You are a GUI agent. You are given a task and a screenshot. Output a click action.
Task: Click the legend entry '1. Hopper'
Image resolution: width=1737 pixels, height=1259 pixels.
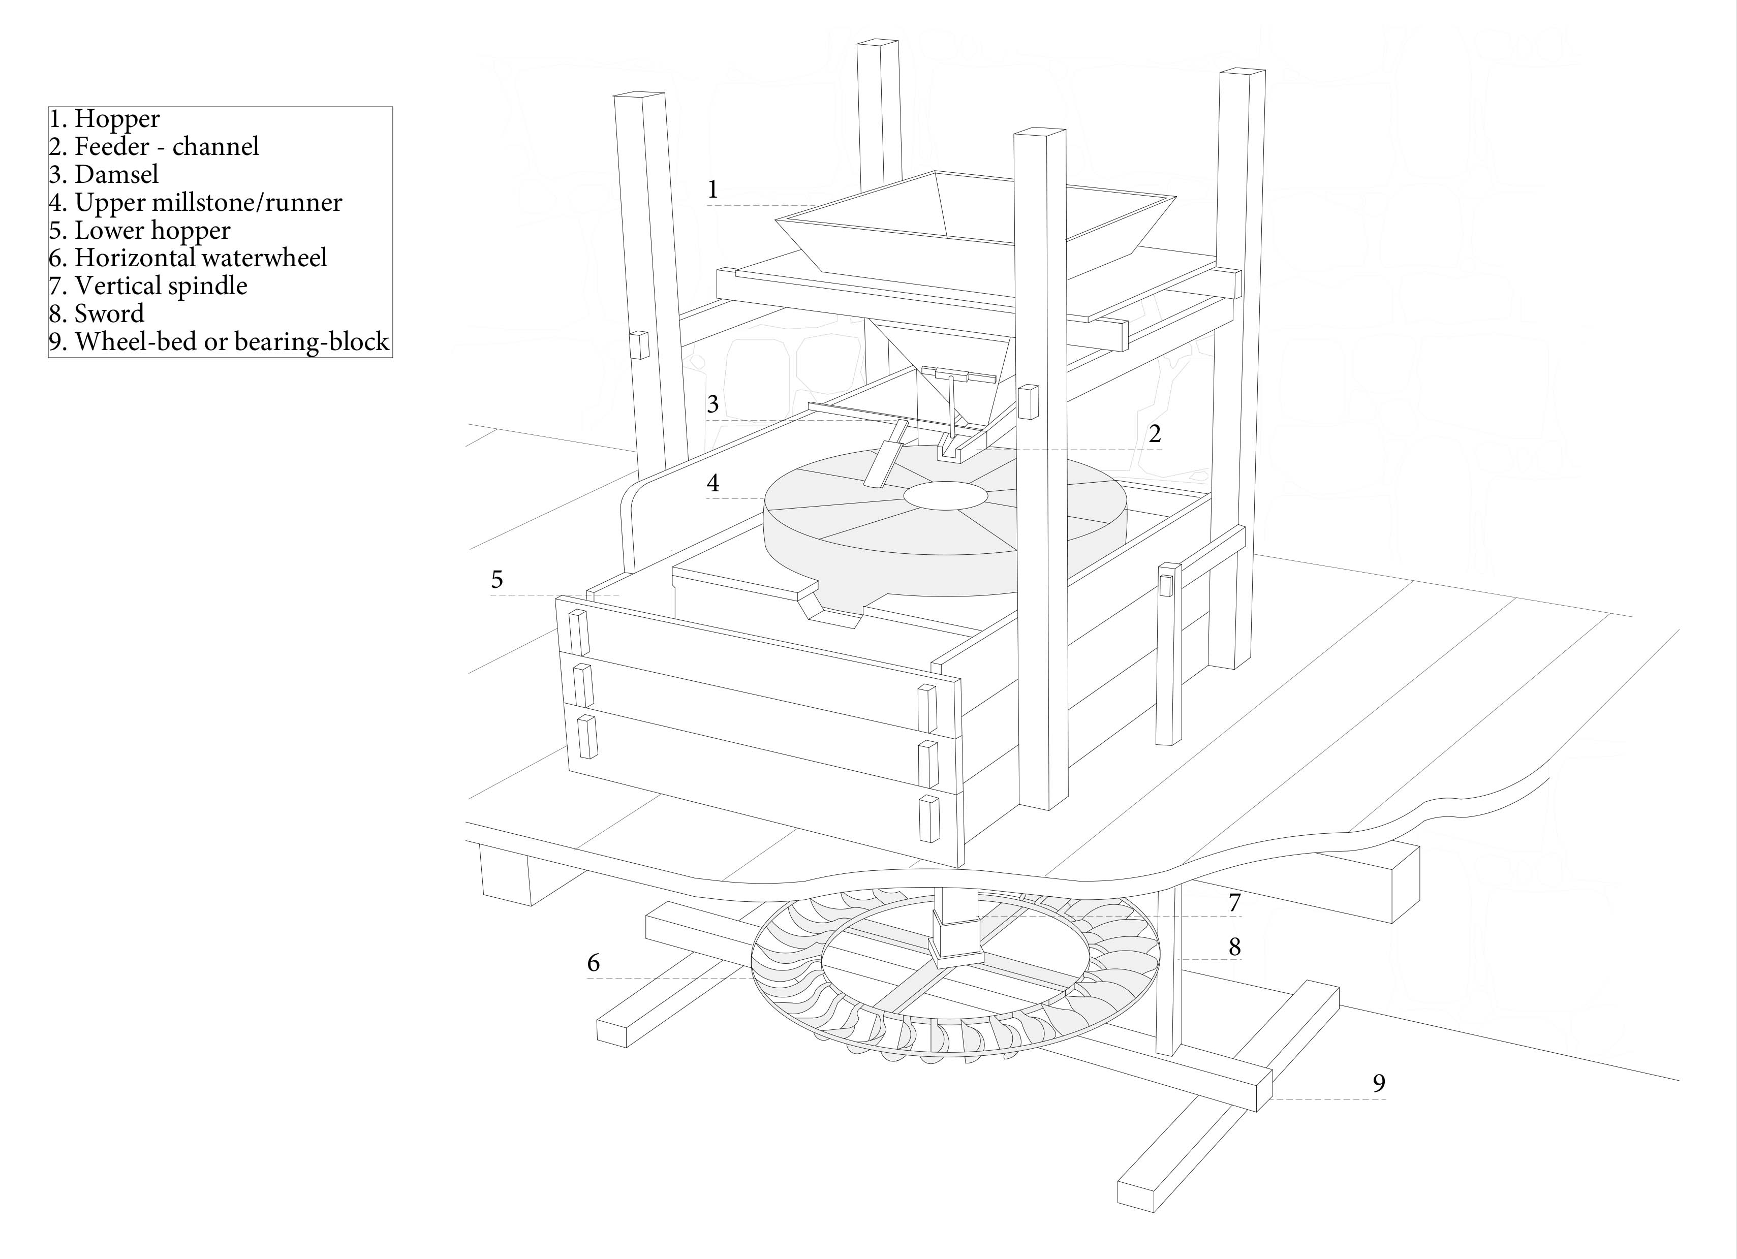(x=104, y=119)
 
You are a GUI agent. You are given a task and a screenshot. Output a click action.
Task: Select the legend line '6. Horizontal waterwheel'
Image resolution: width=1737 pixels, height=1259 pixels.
(x=188, y=258)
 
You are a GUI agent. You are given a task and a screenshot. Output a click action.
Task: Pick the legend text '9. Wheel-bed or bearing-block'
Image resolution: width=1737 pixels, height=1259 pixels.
(x=219, y=341)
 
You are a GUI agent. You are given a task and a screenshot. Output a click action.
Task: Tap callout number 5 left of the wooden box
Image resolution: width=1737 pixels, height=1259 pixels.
(x=497, y=580)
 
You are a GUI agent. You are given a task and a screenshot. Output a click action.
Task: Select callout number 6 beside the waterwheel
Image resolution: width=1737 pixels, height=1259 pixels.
(x=593, y=963)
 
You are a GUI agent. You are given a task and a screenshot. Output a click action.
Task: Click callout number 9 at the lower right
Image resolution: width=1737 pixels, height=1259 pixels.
(x=1379, y=1083)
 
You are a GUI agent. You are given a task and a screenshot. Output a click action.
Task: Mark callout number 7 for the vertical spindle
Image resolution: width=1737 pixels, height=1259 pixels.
(x=1234, y=903)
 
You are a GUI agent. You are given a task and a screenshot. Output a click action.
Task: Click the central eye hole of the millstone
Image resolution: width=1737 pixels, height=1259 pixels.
(x=945, y=495)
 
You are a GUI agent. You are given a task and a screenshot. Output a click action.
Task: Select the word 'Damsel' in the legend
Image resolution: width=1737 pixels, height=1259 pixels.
(x=116, y=175)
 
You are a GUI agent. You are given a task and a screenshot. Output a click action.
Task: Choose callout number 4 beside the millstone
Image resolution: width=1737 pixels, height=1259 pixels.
(x=712, y=483)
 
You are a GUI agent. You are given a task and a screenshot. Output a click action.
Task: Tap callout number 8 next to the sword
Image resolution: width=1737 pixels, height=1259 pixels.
(x=1234, y=948)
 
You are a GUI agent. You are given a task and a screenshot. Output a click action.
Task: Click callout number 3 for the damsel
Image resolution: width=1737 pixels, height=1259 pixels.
(x=712, y=404)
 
